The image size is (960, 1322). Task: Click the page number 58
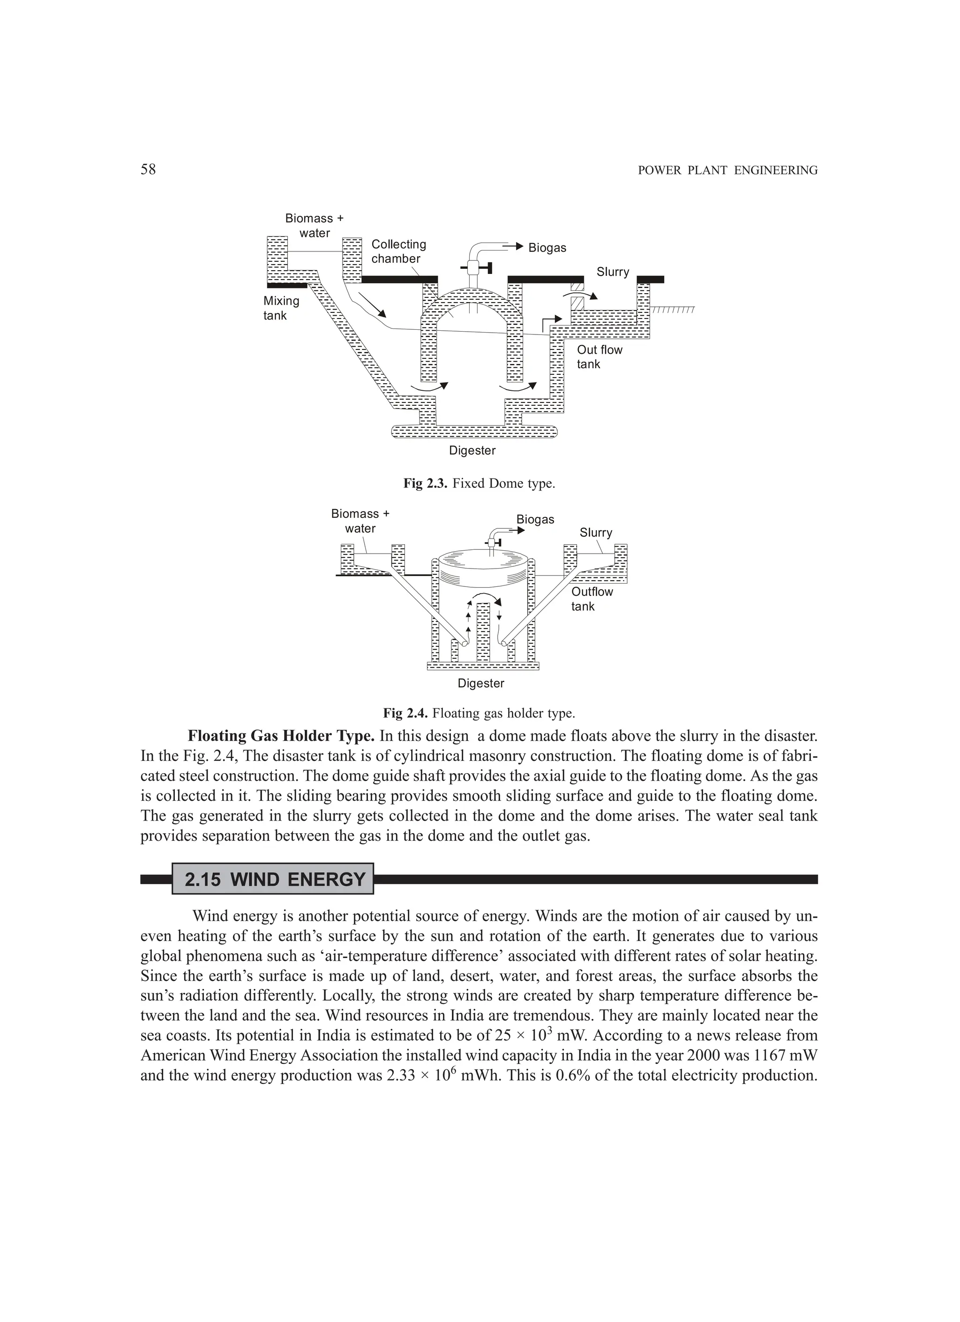(x=148, y=170)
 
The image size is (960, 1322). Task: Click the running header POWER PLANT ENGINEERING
(x=727, y=171)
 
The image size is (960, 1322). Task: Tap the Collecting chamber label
(x=398, y=251)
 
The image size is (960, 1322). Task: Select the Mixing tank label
(x=281, y=308)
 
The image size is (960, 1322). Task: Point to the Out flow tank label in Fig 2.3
(x=600, y=357)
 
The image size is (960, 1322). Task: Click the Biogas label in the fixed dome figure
(x=547, y=248)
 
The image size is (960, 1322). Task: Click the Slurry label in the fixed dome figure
(x=612, y=272)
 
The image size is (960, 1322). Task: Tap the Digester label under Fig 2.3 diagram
(x=472, y=450)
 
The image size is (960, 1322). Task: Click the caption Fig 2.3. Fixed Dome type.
(x=479, y=484)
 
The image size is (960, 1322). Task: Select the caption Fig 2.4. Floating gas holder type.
(x=479, y=713)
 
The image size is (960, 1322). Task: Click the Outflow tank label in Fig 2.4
(x=592, y=599)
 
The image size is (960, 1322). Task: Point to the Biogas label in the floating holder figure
(x=535, y=519)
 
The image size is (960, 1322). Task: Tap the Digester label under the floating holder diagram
(x=480, y=683)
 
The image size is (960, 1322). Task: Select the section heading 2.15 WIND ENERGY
(x=274, y=879)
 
